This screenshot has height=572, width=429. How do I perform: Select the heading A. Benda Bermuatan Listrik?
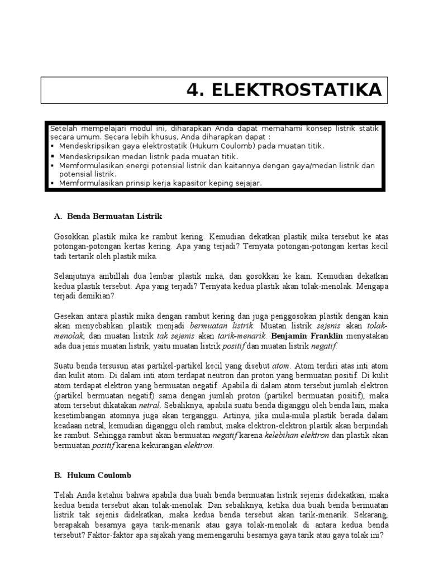pyautogui.click(x=108, y=215)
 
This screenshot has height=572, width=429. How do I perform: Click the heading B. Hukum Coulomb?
pyautogui.click(x=93, y=475)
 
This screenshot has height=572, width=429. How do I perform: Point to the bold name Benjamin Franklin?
pyautogui.click(x=308, y=336)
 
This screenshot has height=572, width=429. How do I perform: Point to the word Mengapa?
pyautogui.click(x=371, y=287)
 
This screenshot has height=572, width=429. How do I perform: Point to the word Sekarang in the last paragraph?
pyautogui.click(x=369, y=515)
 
